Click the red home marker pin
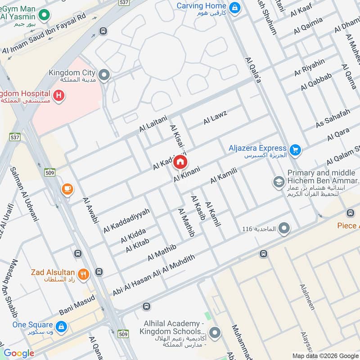[x=180, y=162]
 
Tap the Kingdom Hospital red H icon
[x=58, y=95]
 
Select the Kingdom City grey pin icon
[x=104, y=75]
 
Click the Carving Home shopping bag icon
[x=234, y=7]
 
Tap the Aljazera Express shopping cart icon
[x=295, y=149]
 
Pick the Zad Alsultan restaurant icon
[x=83, y=274]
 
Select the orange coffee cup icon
[x=67, y=189]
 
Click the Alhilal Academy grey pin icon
[x=216, y=333]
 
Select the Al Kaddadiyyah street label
[x=126, y=220]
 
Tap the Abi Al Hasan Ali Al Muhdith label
[x=154, y=275]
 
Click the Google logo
[x=19, y=353]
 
